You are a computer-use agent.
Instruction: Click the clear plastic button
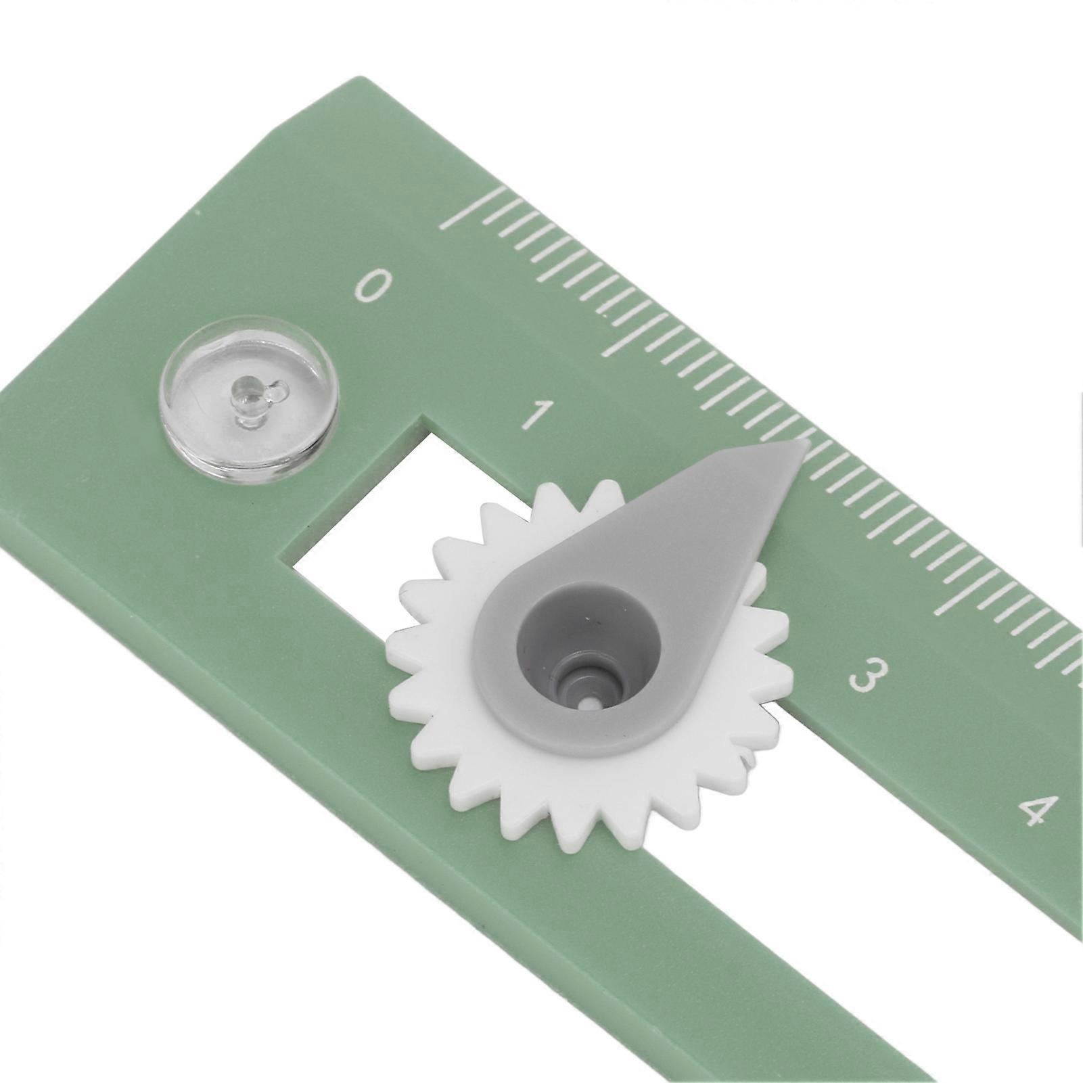(x=248, y=398)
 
